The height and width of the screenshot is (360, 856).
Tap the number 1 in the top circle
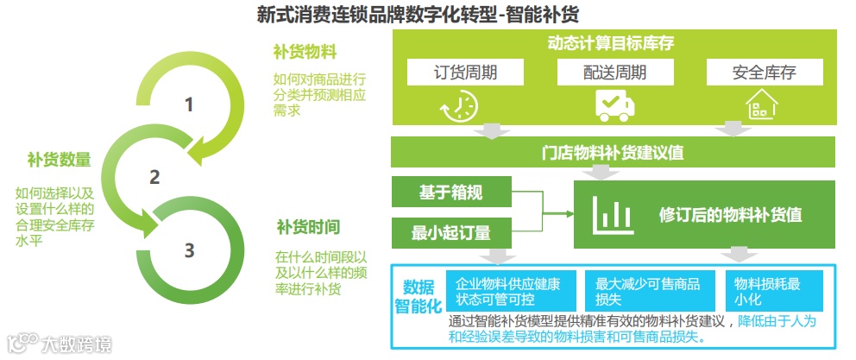pos(189,105)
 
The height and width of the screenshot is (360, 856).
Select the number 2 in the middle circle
pos(154,177)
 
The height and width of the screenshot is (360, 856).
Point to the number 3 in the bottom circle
pos(189,250)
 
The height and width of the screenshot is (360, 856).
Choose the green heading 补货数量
pos(59,159)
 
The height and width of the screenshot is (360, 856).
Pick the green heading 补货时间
pos(308,227)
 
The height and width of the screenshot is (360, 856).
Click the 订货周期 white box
pos(465,72)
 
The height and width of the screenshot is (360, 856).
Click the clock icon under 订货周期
pos(458,105)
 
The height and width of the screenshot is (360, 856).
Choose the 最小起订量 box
pos(451,231)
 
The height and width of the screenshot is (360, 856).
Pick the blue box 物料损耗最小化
pos(766,291)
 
